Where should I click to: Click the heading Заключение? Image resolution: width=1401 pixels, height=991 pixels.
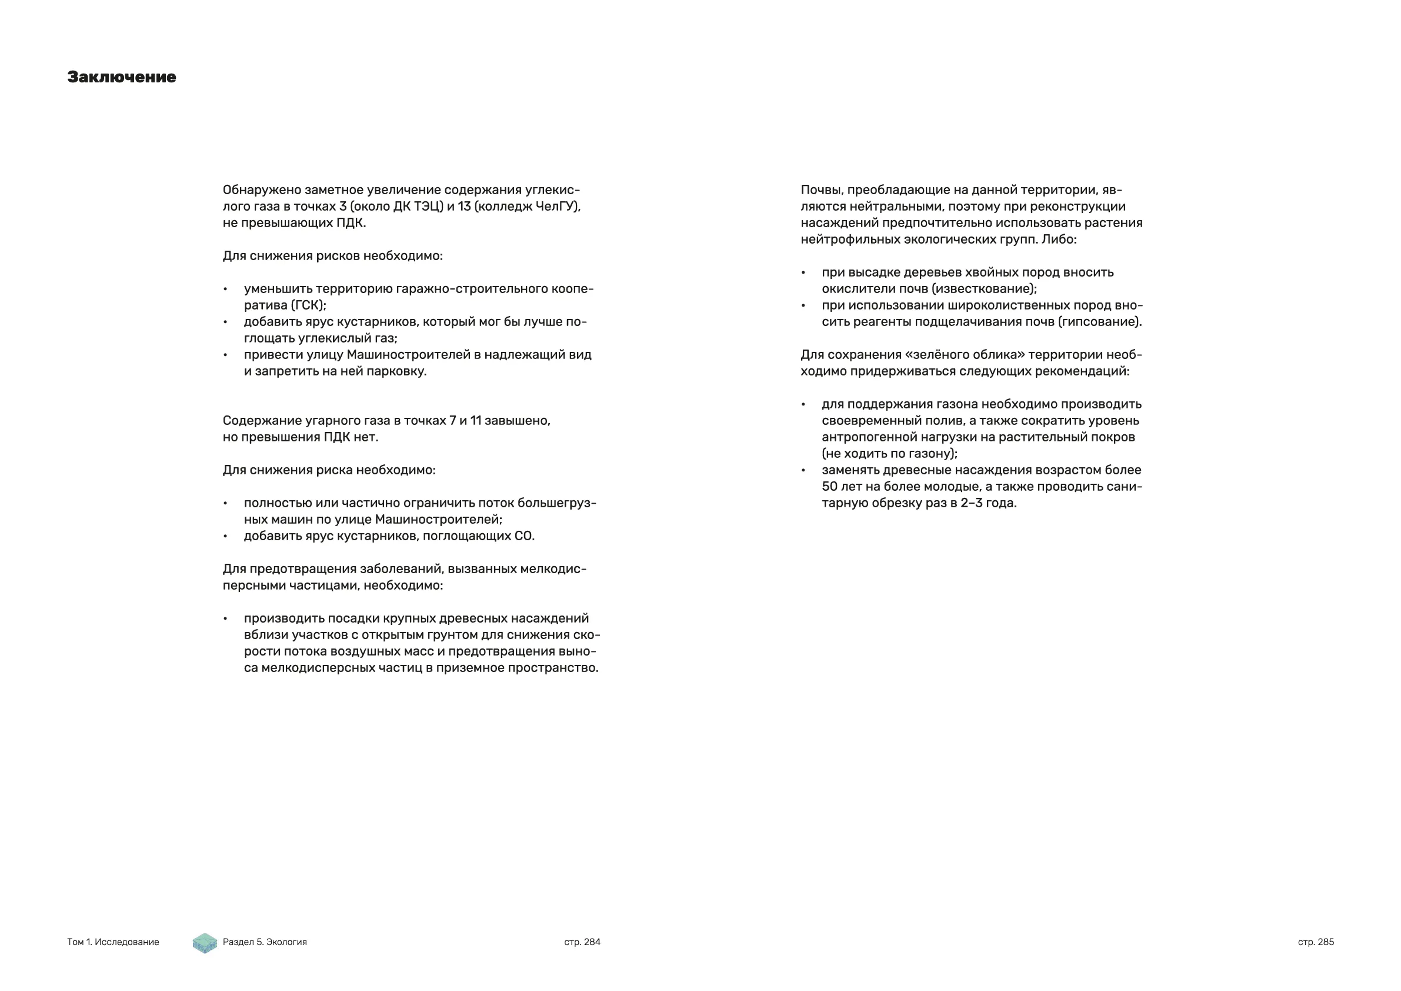coord(121,77)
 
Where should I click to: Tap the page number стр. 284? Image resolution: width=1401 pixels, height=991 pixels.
coord(582,942)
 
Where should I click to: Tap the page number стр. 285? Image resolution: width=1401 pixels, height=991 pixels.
coord(1316,942)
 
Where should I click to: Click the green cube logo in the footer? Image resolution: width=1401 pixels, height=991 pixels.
coord(205,943)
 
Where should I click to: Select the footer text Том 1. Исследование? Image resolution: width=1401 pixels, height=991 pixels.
coord(113,942)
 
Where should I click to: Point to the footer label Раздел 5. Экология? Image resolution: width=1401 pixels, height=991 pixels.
coord(265,942)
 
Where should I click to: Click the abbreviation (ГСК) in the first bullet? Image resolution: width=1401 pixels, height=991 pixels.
coord(308,305)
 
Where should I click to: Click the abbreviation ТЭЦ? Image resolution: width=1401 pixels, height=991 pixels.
coord(427,207)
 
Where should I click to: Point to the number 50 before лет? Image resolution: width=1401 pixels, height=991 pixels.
coord(830,487)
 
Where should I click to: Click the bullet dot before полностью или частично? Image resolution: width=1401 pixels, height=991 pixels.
coord(225,504)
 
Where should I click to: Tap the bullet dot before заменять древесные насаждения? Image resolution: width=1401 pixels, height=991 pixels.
coord(803,471)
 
